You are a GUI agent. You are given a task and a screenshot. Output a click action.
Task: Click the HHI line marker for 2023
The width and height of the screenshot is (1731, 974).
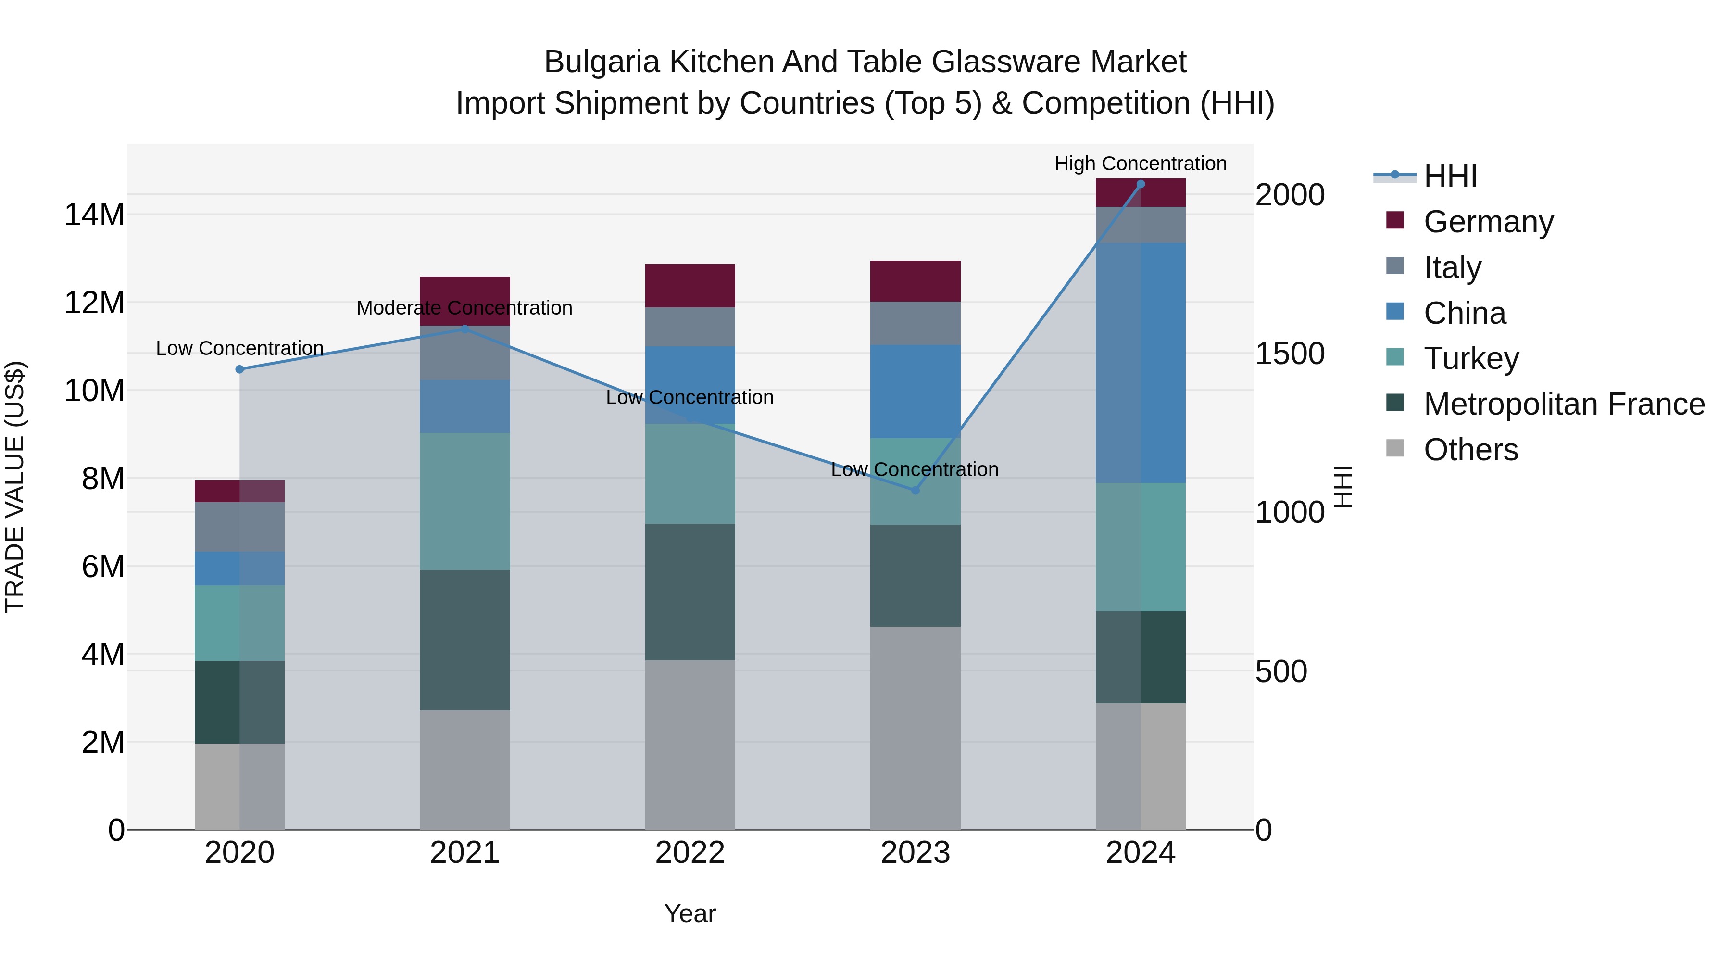point(915,490)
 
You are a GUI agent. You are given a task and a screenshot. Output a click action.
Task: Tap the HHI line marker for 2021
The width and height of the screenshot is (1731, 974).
point(464,329)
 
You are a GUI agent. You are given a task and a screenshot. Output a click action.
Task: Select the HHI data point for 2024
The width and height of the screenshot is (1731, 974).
point(1141,184)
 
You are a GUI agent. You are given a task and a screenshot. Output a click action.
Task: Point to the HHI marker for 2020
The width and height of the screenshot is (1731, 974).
point(240,369)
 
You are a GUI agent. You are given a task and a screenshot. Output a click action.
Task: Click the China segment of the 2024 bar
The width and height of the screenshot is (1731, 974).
point(1141,363)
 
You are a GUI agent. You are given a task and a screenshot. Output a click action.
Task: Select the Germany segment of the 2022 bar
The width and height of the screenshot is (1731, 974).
point(690,286)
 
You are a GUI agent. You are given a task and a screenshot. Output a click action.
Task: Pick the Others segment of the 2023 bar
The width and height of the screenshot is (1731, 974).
point(915,728)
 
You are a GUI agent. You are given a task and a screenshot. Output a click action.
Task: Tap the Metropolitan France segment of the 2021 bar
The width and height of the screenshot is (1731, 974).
point(464,640)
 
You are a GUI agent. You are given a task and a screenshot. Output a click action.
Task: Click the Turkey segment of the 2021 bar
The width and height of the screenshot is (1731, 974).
point(464,502)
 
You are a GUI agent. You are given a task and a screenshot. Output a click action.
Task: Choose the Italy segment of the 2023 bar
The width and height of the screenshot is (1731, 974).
point(915,323)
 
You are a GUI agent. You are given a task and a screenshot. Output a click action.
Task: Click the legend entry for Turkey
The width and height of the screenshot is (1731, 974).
point(1470,358)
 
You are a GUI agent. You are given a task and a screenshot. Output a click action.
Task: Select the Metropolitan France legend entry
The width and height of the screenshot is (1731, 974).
point(1563,404)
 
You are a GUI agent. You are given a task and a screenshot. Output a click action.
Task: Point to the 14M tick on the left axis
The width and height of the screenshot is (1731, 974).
point(94,215)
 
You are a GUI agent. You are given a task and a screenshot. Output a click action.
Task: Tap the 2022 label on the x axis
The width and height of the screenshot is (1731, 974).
point(690,853)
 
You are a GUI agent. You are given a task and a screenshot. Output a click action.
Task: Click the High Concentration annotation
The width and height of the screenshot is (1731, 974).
point(1141,164)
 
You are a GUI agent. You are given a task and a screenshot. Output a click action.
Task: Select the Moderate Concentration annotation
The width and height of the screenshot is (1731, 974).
point(464,308)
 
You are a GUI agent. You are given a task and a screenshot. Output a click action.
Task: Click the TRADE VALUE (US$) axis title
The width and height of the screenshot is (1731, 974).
point(15,487)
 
